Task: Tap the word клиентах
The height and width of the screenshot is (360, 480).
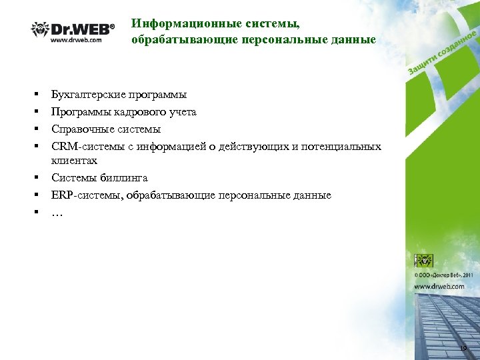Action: [x=74, y=160]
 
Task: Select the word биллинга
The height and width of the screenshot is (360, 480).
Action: [x=125, y=178]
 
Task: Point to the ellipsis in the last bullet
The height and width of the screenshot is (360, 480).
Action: [x=57, y=213]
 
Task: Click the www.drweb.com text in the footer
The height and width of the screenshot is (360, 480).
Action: [x=439, y=286]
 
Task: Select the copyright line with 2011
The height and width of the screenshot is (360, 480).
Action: [x=444, y=274]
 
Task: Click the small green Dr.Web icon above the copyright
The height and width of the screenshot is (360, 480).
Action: [x=423, y=260]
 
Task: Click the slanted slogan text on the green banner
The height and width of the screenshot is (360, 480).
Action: [x=440, y=54]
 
